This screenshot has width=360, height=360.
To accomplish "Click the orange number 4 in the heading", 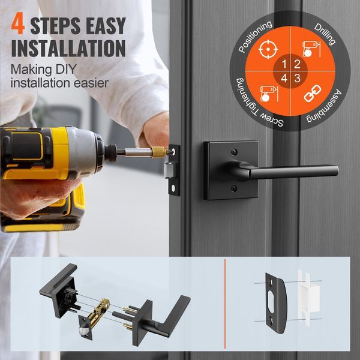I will point(18,25).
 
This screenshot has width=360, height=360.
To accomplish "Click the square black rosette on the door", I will point(230,170).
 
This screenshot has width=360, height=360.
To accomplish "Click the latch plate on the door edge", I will point(174,169).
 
